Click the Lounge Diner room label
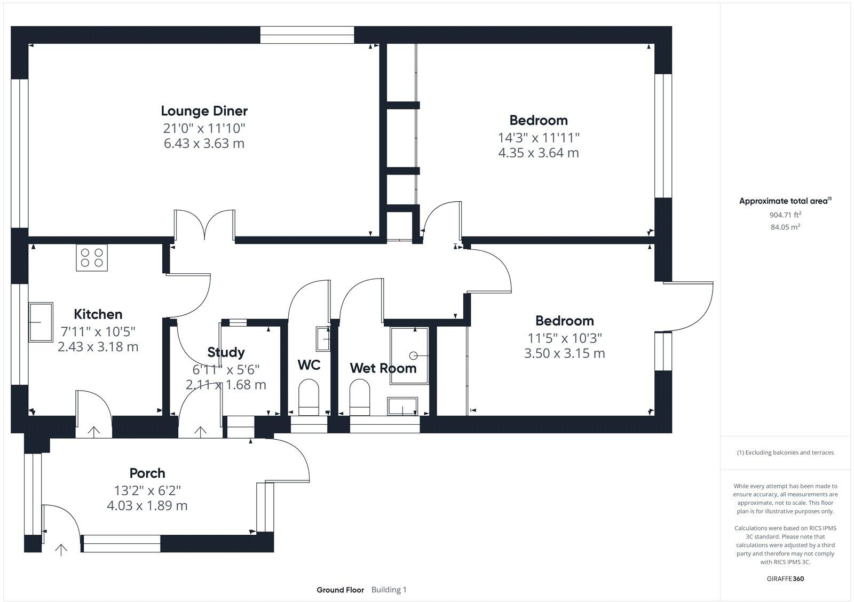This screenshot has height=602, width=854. tap(204, 111)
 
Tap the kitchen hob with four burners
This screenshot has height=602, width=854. tap(92, 257)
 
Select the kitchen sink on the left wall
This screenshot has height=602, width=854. tap(41, 322)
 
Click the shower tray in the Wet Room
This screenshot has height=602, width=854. tap(409, 355)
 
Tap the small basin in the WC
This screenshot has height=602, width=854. tap(323, 338)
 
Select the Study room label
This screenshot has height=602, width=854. tap(226, 352)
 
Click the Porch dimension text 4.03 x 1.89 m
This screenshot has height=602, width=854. tap(147, 505)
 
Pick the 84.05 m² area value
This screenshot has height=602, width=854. tap(785, 227)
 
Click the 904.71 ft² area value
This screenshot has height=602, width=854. tap(785, 215)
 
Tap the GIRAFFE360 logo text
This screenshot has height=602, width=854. tap(785, 579)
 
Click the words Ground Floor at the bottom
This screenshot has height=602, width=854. tap(340, 590)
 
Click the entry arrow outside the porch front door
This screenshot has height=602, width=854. tap(61, 549)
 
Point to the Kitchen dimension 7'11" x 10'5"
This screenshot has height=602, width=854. tap(98, 331)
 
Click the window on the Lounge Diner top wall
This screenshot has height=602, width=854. tap(307, 35)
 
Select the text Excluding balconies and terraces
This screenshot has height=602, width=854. tap(785, 453)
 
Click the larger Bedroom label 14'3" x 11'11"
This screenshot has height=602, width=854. tap(539, 138)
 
